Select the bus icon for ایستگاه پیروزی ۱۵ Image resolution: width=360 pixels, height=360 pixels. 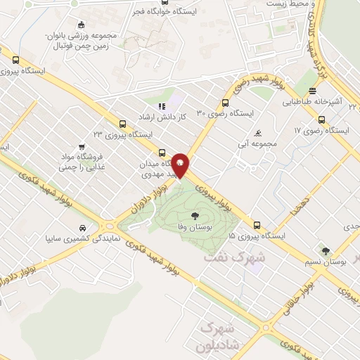[256, 226]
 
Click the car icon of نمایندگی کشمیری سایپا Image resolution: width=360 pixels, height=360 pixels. [83, 228]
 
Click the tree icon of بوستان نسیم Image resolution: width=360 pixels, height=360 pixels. [324, 250]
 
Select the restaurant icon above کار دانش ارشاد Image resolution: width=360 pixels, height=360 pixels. [161, 106]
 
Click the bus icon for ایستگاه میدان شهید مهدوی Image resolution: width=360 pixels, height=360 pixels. [163, 152]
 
